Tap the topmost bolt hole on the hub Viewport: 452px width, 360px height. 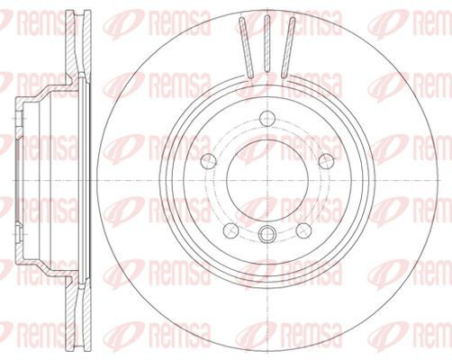pyautogui.click(x=267, y=119)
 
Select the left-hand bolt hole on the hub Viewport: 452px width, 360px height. pyautogui.click(x=208, y=161)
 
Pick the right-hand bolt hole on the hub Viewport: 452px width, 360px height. pyautogui.click(x=326, y=161)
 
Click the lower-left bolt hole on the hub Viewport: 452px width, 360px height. pyautogui.click(x=231, y=230)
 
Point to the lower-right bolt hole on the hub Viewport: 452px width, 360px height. pyautogui.click(x=303, y=230)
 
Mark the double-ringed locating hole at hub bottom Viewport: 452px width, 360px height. pyautogui.click(x=267, y=233)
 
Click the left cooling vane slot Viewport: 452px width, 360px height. pyautogui.click(x=246, y=48)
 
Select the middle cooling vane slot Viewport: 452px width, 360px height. pyautogui.click(x=267, y=44)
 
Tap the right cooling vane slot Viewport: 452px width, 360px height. pyautogui.click(x=288, y=48)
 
